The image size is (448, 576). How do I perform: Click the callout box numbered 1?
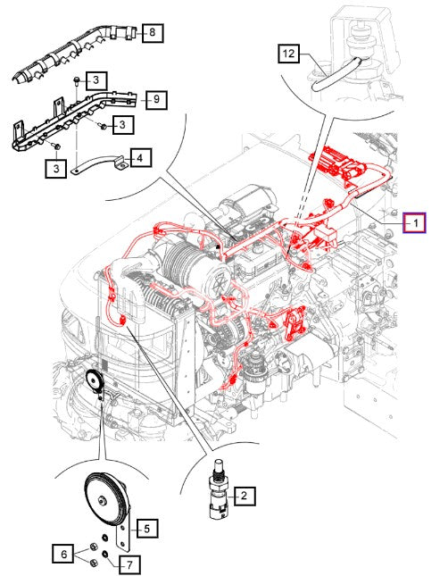[x=414, y=222]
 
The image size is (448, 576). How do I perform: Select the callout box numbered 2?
[x=244, y=497]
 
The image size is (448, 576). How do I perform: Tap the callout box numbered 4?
[x=140, y=158]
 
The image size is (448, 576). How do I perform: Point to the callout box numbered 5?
[x=147, y=529]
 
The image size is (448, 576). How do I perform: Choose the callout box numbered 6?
[x=64, y=554]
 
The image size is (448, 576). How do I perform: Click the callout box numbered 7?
[x=129, y=564]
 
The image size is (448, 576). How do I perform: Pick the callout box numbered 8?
[x=152, y=33]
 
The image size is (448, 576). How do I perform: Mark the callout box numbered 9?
[x=156, y=99]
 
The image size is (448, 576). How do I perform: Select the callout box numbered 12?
[x=288, y=54]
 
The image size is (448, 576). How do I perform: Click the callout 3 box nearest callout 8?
[x=96, y=80]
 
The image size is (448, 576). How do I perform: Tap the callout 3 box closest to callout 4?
[x=122, y=125]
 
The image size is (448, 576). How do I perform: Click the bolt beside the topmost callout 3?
[x=77, y=80]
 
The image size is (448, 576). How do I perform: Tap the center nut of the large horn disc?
[x=102, y=499]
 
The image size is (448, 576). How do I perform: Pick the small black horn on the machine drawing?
[x=95, y=382]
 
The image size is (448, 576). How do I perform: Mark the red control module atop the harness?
[x=337, y=162]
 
